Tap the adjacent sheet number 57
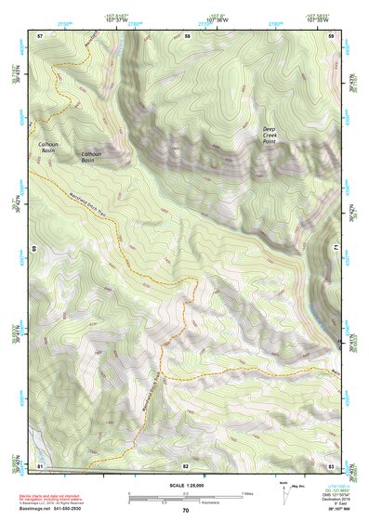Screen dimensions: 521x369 point(40,35)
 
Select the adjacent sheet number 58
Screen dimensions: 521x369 point(188,35)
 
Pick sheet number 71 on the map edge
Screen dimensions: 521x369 point(338,249)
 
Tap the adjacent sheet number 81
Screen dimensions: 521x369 point(40,464)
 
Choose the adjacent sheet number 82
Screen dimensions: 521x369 point(186,464)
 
